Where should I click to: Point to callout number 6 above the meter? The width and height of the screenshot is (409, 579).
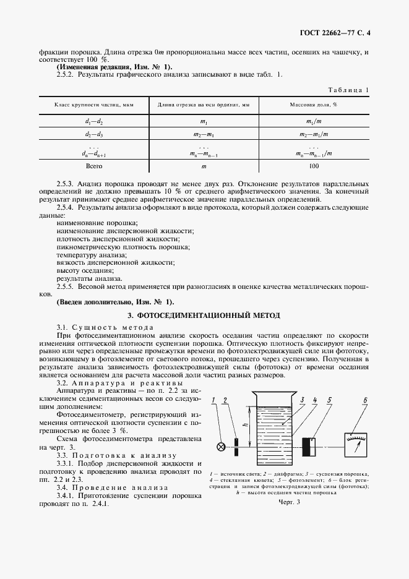coord(366,400)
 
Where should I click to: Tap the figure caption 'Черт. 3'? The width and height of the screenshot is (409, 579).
coord(289,502)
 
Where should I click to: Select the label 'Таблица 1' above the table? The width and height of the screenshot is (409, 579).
coord(349,90)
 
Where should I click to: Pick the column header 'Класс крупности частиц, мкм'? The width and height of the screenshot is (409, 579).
coord(93,105)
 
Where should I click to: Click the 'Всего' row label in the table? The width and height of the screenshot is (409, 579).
coord(93,166)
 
